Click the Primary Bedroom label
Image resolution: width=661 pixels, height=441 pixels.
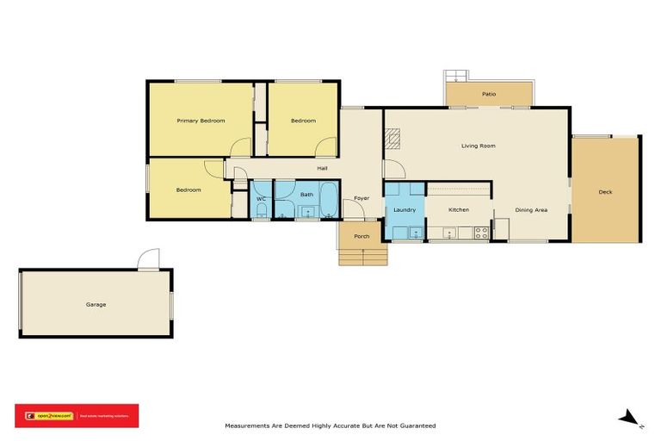click(x=201, y=121)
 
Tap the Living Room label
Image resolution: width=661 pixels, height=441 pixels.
click(x=478, y=146)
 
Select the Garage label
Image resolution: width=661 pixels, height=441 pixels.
click(x=96, y=304)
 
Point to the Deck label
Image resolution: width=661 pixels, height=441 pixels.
click(x=605, y=191)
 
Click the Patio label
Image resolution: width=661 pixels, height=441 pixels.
click(x=489, y=94)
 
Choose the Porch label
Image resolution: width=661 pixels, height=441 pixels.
click(x=361, y=235)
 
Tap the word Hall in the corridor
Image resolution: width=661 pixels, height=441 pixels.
click(x=322, y=168)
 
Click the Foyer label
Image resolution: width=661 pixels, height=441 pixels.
click(x=361, y=199)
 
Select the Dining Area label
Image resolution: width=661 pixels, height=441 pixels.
click(x=531, y=209)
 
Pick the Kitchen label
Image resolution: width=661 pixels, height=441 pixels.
click(x=459, y=209)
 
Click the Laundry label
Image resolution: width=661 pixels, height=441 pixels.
click(x=405, y=209)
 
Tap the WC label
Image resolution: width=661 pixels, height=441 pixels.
click(x=262, y=199)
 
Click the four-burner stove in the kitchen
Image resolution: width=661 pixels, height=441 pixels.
click(x=482, y=231)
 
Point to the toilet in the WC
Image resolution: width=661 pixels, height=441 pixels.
click(x=262, y=215)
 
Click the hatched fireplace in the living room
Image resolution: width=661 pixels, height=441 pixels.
click(x=392, y=137)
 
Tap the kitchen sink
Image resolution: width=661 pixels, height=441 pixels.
click(x=448, y=232)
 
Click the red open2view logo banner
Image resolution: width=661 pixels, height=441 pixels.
click(x=77, y=415)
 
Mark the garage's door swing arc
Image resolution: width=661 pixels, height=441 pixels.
click(x=150, y=259)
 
